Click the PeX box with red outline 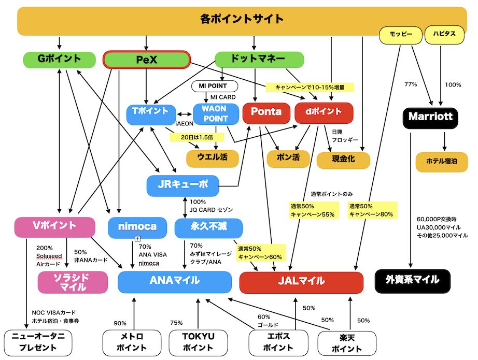146,60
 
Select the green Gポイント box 60,60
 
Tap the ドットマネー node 259,60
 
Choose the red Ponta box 266,113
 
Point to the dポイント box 324,113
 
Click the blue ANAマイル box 175,282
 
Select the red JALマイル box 301,282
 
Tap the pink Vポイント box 55,227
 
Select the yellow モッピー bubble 401,35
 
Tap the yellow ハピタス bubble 444,35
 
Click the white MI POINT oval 215,86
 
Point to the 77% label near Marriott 411,84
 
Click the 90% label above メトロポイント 120,323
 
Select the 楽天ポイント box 347,343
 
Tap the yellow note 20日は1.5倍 197,137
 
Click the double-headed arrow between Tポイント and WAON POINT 185,114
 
